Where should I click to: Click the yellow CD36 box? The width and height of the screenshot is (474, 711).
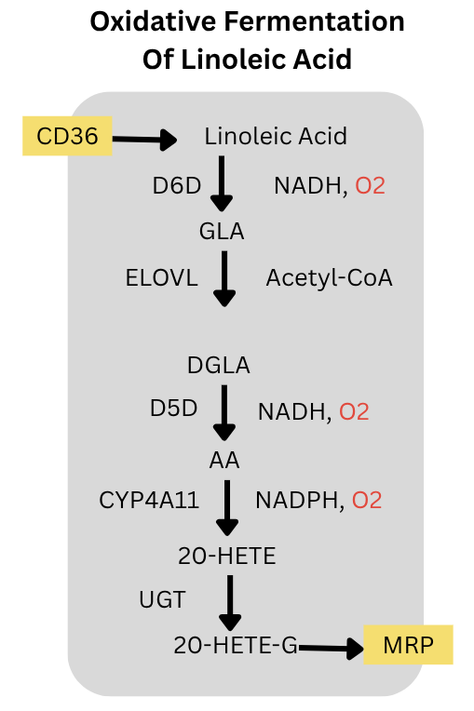coord(67,136)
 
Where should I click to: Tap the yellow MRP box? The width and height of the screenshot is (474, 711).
coord(408,645)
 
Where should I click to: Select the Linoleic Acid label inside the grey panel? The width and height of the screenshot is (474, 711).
coord(276,136)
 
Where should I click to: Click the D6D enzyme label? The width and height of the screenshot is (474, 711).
coord(176,185)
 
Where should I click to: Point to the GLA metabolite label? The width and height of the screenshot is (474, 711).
coord(222,231)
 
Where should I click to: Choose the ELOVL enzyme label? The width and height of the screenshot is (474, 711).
coord(161,278)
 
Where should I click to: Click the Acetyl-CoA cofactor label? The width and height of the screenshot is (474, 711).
coord(330,278)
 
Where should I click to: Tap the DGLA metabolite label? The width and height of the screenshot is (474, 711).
coord(219,366)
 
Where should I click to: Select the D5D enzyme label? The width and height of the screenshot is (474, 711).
coord(174,409)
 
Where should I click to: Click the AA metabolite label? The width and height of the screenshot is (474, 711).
coord(224,461)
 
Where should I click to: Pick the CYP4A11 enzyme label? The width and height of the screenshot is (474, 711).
coord(149,501)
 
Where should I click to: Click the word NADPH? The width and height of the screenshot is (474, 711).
coord(297,501)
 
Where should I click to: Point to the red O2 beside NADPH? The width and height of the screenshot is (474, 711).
coord(367,501)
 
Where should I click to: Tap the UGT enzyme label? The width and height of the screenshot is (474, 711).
coord(162,600)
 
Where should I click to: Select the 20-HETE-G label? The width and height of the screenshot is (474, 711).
coord(236,645)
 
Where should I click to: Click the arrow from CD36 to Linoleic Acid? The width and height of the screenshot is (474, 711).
coord(144,140)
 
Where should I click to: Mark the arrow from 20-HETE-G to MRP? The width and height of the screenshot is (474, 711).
coord(331,649)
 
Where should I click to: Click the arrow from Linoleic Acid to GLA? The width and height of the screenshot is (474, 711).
coord(222,183)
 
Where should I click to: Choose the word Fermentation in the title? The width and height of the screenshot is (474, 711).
coord(314,21)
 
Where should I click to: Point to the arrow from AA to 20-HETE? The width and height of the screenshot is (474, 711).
coord(227,508)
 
